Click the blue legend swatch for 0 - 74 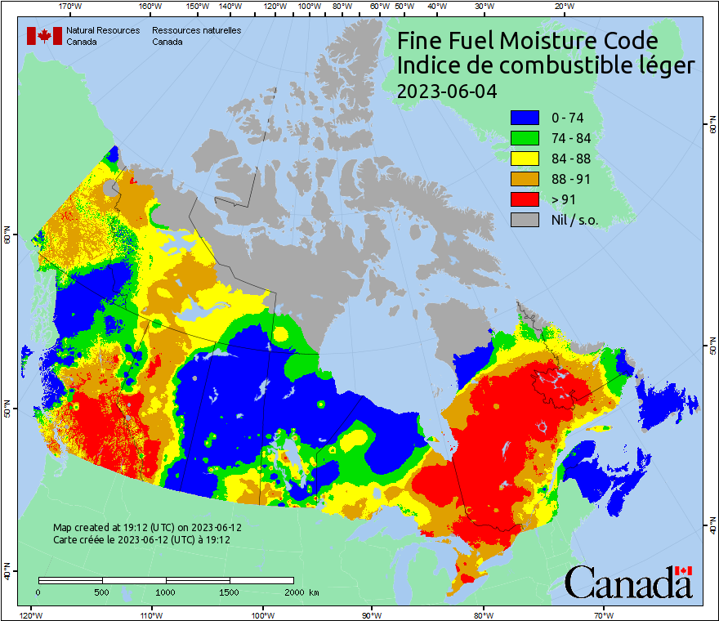[x=525, y=118]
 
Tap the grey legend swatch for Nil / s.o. [x=525, y=220]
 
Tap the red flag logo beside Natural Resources [x=44, y=36]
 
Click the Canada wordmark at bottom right [x=628, y=583]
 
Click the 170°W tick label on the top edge [x=71, y=7]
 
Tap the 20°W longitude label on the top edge [x=563, y=7]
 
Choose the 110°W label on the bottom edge [x=150, y=614]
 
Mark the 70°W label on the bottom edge [x=602, y=614]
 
